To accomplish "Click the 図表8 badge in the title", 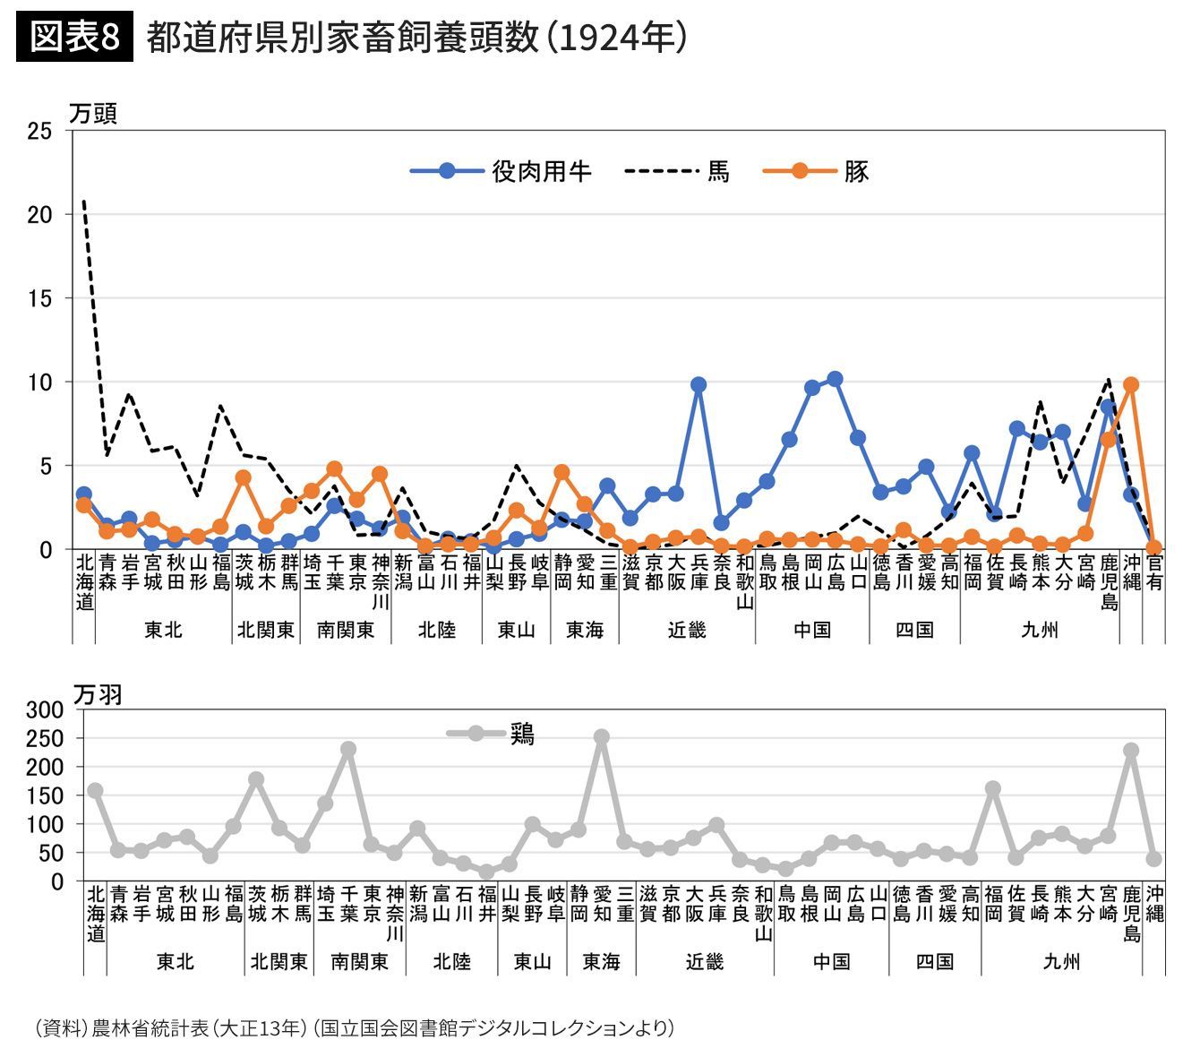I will tap(74, 39).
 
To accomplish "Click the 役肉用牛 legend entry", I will tap(501, 171).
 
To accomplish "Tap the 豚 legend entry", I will tap(816, 171).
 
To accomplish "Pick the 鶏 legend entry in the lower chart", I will tap(492, 734).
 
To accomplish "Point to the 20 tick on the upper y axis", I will tap(39, 214).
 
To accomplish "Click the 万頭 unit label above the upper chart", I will tap(93, 114).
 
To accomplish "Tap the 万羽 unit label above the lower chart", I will tap(98, 694).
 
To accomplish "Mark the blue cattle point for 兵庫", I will tap(699, 385).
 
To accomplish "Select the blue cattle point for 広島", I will tap(835, 379).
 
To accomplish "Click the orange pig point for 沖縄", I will tap(1131, 384).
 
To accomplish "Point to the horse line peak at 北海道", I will tap(83, 201).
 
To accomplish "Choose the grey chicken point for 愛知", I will tap(602, 737).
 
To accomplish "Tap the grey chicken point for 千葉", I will tap(347, 749).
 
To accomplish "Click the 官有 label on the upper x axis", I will tap(1154, 571).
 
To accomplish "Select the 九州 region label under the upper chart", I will tap(1040, 630).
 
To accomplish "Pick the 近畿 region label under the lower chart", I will tap(705, 962).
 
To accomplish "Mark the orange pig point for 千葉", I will tap(334, 468).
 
